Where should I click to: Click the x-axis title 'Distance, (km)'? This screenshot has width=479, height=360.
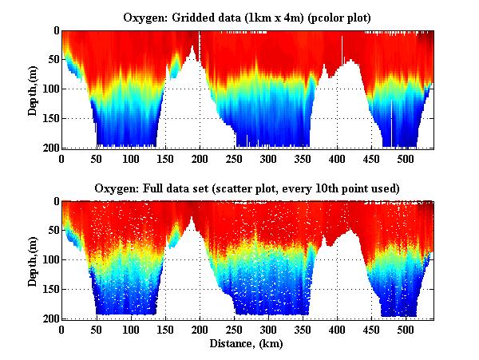click(247, 345)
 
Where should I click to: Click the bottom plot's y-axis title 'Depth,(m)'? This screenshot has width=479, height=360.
click(33, 259)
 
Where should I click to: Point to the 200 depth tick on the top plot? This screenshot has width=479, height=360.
click(50, 148)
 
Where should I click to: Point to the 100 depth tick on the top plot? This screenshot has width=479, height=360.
click(50, 89)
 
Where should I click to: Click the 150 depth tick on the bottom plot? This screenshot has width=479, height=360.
click(50, 289)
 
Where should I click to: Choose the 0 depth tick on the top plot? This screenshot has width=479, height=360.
click(55, 30)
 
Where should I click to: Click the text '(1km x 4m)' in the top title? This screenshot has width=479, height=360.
click(268, 17)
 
